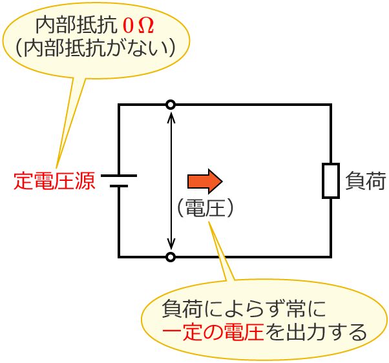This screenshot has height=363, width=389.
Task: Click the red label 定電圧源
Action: tap(54, 181)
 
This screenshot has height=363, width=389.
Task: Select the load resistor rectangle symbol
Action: tap(331, 181)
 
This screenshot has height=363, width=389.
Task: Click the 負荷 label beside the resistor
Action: tap(366, 181)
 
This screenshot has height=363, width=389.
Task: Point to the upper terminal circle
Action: tap(171, 105)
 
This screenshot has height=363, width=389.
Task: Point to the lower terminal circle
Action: tap(171, 257)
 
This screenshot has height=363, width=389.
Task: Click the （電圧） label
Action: tap(205, 207)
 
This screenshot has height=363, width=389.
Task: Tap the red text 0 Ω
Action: tap(138, 26)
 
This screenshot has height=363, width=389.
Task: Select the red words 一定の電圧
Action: tap(213, 333)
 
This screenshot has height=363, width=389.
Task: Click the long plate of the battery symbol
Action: tap(119, 175)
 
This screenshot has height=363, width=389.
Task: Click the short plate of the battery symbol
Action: tap(119, 186)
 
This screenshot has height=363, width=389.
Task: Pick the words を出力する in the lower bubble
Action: tap(316, 333)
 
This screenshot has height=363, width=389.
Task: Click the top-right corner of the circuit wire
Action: tap(331, 105)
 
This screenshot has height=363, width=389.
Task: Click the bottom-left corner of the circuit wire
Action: tap(119, 257)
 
